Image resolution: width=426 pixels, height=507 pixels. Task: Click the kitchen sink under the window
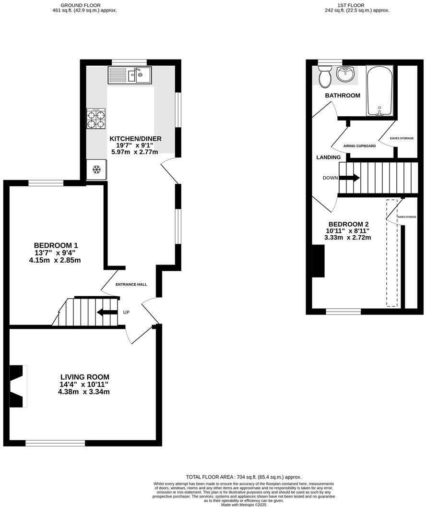point(130,75)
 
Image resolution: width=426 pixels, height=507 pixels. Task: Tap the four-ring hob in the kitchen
point(96,119)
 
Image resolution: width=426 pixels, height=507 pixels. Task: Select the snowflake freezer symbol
point(96,169)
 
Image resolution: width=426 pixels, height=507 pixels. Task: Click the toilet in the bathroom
point(325,77)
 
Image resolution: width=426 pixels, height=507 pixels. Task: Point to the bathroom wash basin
point(344,74)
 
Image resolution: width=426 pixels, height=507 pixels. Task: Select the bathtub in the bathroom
point(379,91)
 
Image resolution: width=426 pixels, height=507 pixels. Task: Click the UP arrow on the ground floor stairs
point(107,313)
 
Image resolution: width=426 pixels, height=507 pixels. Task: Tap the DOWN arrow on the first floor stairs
point(349,178)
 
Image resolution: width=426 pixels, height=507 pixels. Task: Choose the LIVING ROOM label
point(84,377)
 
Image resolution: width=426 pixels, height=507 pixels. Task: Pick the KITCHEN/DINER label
point(135,139)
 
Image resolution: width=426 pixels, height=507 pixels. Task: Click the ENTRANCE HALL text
point(131,285)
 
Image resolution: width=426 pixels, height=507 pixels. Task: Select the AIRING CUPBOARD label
point(359,146)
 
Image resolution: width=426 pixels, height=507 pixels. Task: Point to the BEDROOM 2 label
point(348,224)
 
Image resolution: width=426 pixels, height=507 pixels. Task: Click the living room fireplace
point(18,386)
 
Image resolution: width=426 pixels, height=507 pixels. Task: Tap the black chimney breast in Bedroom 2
point(318,261)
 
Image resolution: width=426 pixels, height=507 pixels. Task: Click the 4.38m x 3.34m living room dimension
point(84,392)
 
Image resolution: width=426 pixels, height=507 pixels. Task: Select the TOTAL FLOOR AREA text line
point(244,477)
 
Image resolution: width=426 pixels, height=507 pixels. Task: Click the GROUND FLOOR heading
point(84,4)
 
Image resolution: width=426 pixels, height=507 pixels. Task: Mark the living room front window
point(55,443)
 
